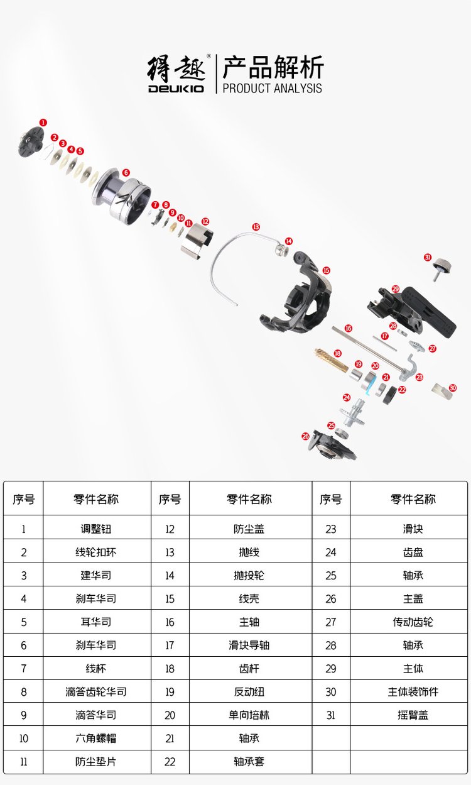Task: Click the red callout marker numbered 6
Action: click(x=126, y=172)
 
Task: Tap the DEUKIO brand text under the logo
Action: click(x=176, y=89)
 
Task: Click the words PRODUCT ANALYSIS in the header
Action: click(x=272, y=88)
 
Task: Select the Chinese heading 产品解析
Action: click(x=273, y=67)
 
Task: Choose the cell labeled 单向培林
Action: click(x=249, y=715)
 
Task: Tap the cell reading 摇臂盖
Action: click(x=413, y=715)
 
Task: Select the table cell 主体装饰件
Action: click(x=413, y=691)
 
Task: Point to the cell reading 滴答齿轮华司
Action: click(x=96, y=691)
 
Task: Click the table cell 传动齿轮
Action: click(x=413, y=622)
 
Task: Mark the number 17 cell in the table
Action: click(x=170, y=645)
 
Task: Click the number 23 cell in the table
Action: click(x=331, y=529)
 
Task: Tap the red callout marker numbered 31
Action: click(x=428, y=257)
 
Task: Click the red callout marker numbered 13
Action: click(x=256, y=226)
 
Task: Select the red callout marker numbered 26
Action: click(x=305, y=436)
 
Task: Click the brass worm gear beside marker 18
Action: click(x=331, y=361)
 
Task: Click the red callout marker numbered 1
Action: click(x=43, y=122)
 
